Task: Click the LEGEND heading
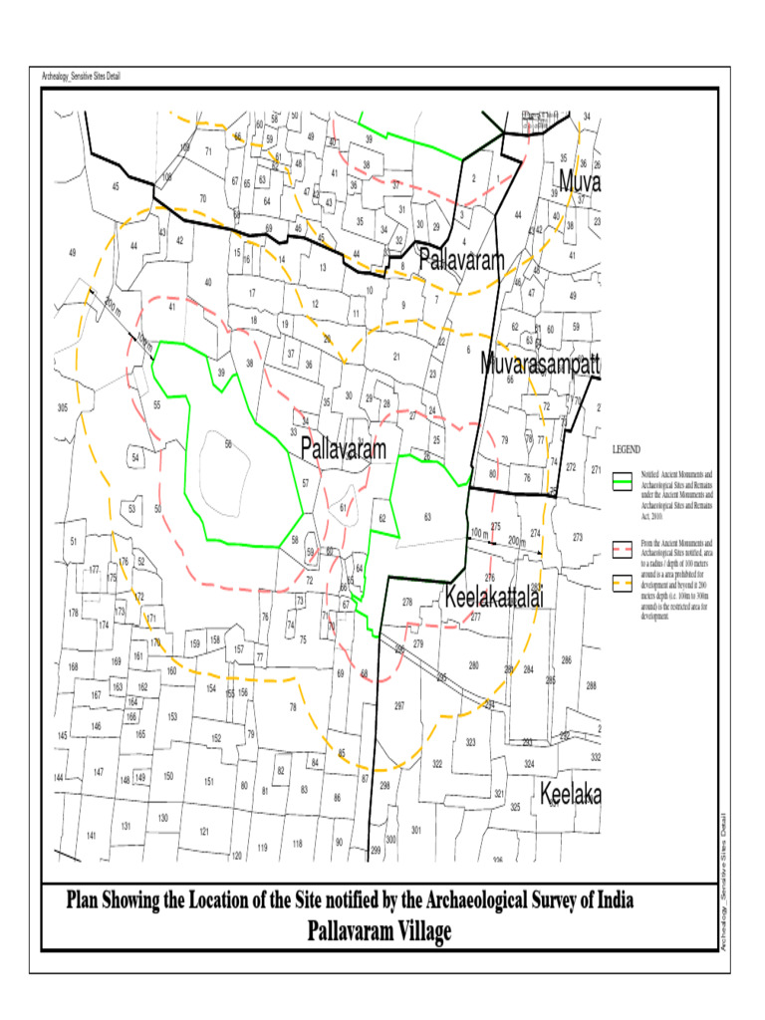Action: click(x=627, y=449)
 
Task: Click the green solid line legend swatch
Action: click(x=625, y=480)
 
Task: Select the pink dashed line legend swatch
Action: click(x=625, y=547)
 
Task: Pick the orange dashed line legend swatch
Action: click(x=625, y=582)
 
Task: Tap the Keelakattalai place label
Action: click(x=493, y=600)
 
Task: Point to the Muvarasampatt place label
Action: click(x=540, y=365)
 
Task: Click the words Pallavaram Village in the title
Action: click(x=380, y=931)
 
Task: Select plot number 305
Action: click(x=63, y=408)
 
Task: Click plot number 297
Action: click(x=398, y=705)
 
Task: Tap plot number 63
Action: click(x=427, y=516)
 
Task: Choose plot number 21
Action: click(x=396, y=356)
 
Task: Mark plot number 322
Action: click(x=436, y=764)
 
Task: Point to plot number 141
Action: click(x=91, y=836)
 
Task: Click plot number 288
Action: click(x=591, y=685)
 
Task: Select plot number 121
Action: click(x=203, y=831)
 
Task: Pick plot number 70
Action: click(x=202, y=199)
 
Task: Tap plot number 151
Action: click(x=209, y=781)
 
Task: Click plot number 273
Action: click(x=578, y=538)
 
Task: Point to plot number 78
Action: click(x=293, y=707)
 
